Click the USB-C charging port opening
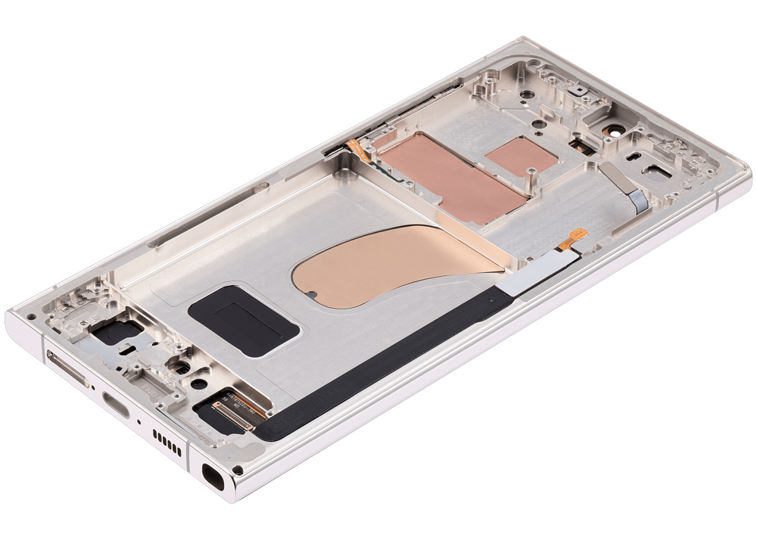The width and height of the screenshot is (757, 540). tap(114, 400)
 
